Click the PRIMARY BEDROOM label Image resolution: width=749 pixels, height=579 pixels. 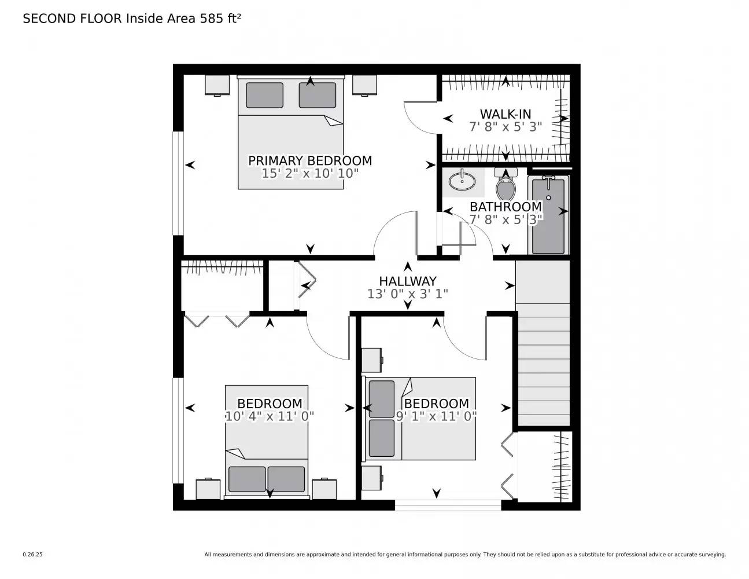(309, 160)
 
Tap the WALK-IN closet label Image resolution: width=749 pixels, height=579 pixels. (505, 114)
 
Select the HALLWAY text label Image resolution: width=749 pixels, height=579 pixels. (407, 281)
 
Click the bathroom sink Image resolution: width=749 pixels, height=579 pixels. (463, 180)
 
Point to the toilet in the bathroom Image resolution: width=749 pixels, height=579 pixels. (506, 185)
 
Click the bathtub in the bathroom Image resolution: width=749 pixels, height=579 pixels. (548, 215)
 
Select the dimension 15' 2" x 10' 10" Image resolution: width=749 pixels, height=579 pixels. (309, 173)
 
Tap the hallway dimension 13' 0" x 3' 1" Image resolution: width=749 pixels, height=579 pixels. (407, 294)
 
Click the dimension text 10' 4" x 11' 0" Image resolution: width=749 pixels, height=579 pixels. (270, 416)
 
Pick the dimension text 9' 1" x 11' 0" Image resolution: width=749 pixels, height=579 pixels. (436, 416)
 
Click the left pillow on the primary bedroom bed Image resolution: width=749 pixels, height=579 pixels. (264, 95)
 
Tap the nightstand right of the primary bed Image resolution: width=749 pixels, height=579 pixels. (365, 85)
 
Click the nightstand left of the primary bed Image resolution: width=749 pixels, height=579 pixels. (217, 85)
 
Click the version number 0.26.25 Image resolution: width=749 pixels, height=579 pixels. (33, 555)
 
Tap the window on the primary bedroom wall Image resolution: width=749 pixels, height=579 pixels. (179, 183)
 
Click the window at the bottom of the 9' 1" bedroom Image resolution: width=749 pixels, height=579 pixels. (448, 505)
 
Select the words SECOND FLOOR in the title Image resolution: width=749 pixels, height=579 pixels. (72, 19)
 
